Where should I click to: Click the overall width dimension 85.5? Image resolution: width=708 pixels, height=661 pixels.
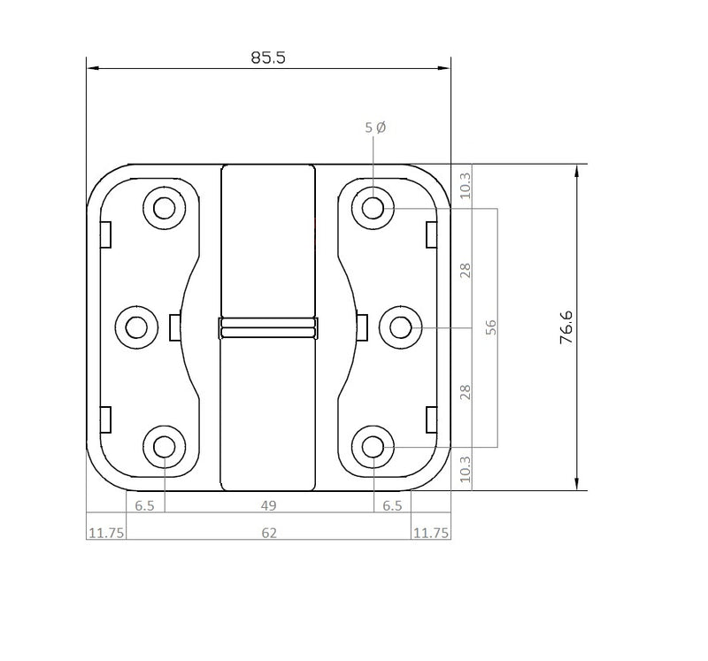(x=268, y=58)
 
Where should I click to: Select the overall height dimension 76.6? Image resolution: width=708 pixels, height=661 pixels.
(x=566, y=327)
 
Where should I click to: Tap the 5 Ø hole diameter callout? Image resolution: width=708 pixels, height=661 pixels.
(x=375, y=127)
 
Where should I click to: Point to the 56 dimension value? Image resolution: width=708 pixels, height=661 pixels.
(x=492, y=327)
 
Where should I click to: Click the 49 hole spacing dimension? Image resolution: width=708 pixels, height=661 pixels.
(x=269, y=505)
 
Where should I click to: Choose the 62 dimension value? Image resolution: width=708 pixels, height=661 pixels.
(x=269, y=532)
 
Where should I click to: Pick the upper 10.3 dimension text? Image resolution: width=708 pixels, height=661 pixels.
(x=466, y=185)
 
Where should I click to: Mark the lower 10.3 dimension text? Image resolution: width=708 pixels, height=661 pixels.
(x=466, y=469)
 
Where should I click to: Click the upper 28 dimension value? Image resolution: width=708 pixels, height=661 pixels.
(x=466, y=268)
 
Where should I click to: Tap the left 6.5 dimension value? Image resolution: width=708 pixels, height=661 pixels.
(x=144, y=505)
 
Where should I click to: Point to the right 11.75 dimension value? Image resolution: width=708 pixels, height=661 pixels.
(x=430, y=532)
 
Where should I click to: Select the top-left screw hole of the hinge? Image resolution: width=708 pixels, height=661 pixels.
(x=164, y=209)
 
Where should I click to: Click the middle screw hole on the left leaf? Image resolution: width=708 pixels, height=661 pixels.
(x=136, y=327)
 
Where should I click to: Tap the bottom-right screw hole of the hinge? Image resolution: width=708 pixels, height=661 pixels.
(x=373, y=445)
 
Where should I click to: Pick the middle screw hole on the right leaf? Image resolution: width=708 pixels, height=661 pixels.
(x=400, y=327)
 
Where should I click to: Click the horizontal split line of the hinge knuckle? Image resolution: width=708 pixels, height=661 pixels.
(x=267, y=327)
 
